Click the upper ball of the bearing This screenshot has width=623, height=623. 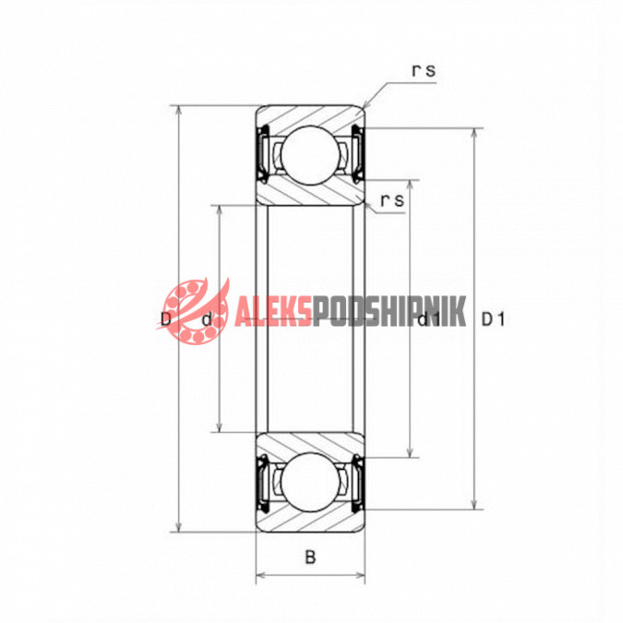pos(310,155)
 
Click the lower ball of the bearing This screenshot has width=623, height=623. pos(310,483)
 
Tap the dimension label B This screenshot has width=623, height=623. pos(310,557)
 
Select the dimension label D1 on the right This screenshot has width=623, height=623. pos(493,319)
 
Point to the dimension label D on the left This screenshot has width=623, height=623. pos(166,318)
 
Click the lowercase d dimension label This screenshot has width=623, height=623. pos(207,319)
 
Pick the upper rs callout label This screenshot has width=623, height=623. pos(424,71)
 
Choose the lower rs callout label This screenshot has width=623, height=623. pos(392,200)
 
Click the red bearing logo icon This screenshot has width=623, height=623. pos(193,311)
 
